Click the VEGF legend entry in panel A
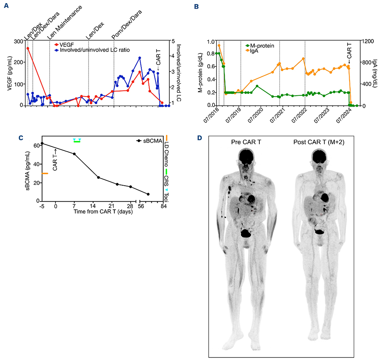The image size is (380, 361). pos(67,45)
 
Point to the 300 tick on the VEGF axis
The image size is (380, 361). pos(18,41)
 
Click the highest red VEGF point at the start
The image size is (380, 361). pos(28,48)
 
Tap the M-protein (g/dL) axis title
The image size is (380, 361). pos(200,73)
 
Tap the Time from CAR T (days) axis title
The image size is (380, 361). pos(103,212)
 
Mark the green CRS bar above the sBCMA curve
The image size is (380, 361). pos(77,142)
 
